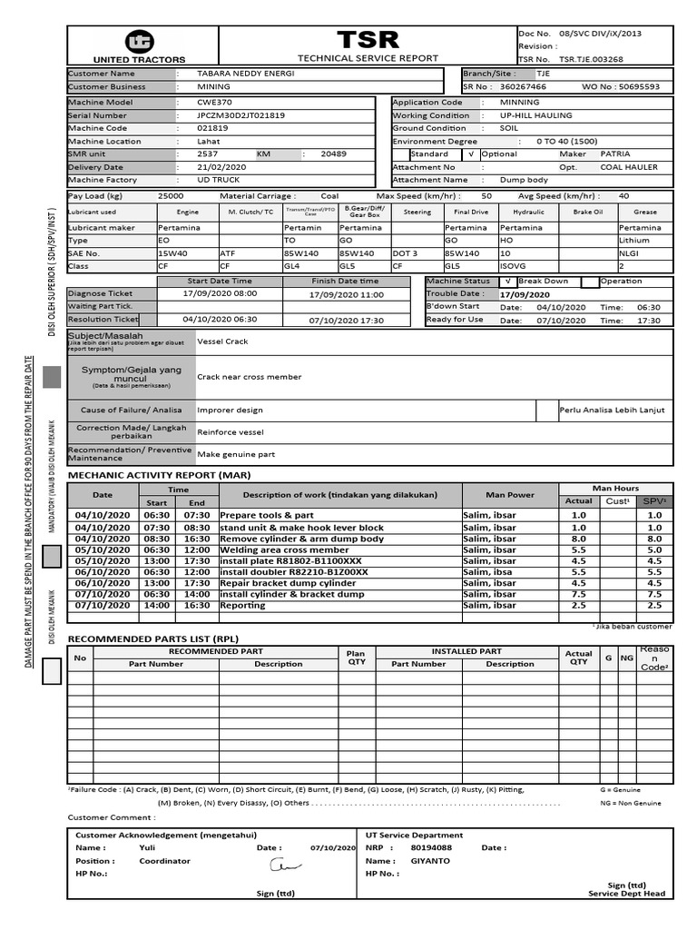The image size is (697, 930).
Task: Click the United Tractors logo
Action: [x=141, y=42]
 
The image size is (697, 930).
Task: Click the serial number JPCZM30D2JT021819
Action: [x=241, y=115]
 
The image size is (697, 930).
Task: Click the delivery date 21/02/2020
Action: [x=221, y=167]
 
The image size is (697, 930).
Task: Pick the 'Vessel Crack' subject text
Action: [x=222, y=341]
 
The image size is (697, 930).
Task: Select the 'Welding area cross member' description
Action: [x=284, y=550]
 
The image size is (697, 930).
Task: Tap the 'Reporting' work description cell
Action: [x=243, y=605]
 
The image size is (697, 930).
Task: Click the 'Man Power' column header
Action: [x=510, y=495]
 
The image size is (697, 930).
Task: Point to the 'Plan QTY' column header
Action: [x=356, y=658]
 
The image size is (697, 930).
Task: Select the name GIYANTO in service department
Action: [x=430, y=861]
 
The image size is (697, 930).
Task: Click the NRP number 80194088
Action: [x=433, y=847]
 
